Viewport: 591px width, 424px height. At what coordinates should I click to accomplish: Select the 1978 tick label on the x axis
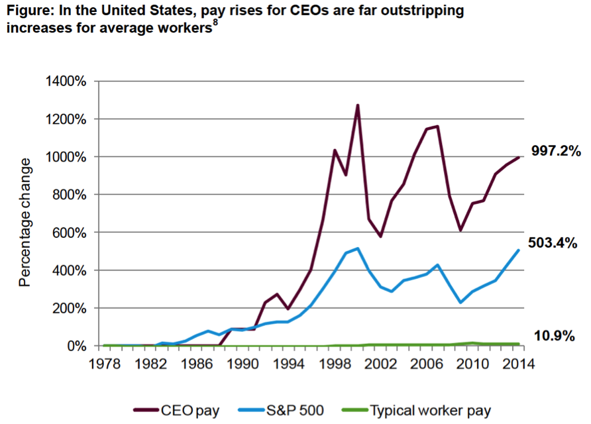click(105, 363)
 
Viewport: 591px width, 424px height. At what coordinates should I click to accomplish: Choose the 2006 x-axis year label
click(430, 363)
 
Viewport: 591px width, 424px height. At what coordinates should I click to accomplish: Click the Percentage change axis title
click(25, 222)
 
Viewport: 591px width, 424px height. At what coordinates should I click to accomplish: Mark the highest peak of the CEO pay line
click(357, 105)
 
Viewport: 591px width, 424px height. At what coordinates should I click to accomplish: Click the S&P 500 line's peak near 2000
click(358, 248)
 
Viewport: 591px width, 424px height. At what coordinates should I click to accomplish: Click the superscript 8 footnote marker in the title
click(215, 25)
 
